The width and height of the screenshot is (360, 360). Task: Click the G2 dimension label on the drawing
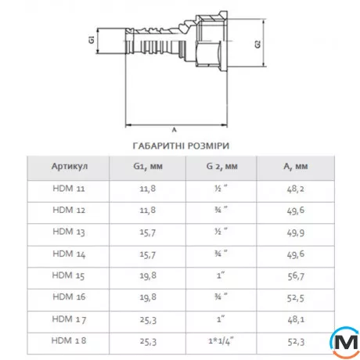point(257,45)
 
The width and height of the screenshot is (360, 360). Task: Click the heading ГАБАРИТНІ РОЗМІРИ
point(180,145)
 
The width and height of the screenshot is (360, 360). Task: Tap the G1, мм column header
point(147,167)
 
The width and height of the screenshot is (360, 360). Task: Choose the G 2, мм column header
point(223,167)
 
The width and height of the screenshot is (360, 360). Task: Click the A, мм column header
point(297,167)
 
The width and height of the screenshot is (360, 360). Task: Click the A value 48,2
point(297,189)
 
